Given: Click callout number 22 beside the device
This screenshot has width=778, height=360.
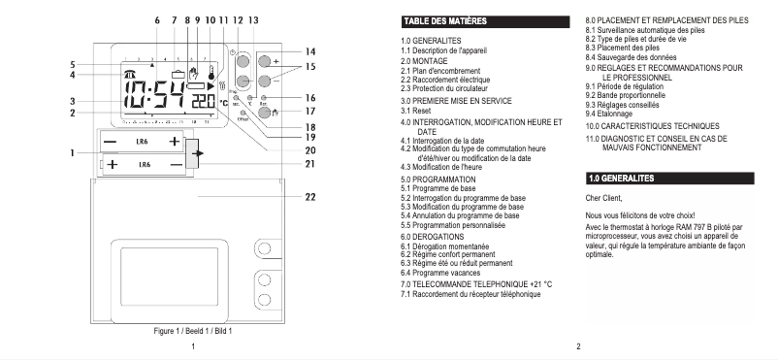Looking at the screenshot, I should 308,198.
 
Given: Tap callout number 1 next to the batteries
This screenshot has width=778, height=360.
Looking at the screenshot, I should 74,153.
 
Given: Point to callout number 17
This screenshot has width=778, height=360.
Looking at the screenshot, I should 309,114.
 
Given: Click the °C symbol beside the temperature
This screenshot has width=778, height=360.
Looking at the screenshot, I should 222,102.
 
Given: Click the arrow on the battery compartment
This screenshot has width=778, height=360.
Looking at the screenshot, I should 199,153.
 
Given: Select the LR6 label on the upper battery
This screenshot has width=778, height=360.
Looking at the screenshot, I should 145,142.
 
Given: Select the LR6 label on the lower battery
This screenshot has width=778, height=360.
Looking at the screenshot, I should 145,166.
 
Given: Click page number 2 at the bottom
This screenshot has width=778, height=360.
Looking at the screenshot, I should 577,346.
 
